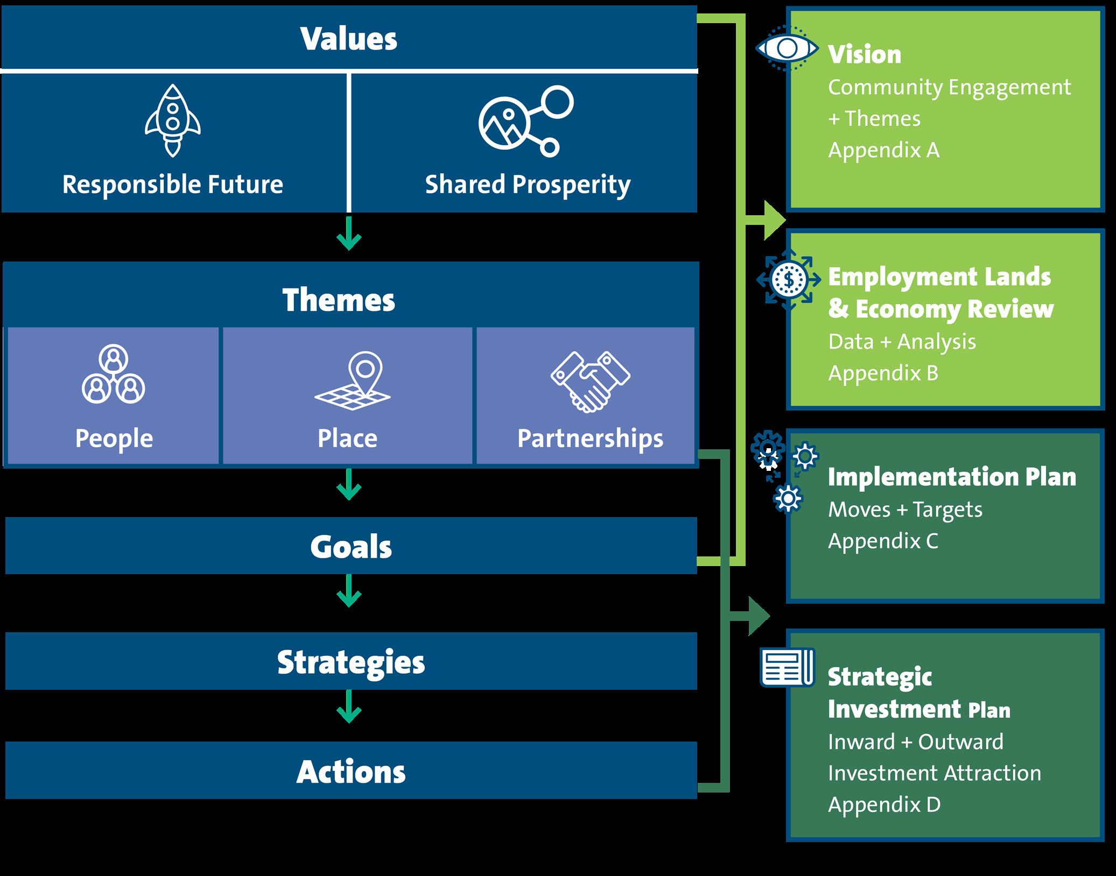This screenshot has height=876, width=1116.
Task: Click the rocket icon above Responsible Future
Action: click(x=172, y=121)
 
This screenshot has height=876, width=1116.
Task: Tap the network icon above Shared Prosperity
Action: click(x=525, y=121)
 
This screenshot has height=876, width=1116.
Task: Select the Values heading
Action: click(x=349, y=39)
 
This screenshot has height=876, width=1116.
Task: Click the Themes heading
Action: click(x=339, y=300)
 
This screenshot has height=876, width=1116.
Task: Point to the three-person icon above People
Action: click(x=113, y=375)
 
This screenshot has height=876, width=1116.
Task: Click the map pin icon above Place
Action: click(x=353, y=380)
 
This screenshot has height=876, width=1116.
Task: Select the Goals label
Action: click(x=351, y=547)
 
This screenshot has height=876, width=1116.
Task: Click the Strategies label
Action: click(x=351, y=662)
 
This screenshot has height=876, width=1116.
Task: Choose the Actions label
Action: click(x=351, y=772)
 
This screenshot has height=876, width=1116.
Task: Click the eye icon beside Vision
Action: click(x=787, y=48)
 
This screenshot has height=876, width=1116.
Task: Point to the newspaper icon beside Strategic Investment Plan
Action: click(x=787, y=667)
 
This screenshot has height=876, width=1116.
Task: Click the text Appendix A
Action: click(x=883, y=150)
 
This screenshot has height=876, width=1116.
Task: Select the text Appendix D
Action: click(x=884, y=804)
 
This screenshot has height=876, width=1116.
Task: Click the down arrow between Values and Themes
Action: click(x=349, y=235)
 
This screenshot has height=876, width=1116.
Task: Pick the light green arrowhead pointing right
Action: click(x=773, y=220)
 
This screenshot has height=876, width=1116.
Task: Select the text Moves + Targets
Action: click(x=905, y=510)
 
